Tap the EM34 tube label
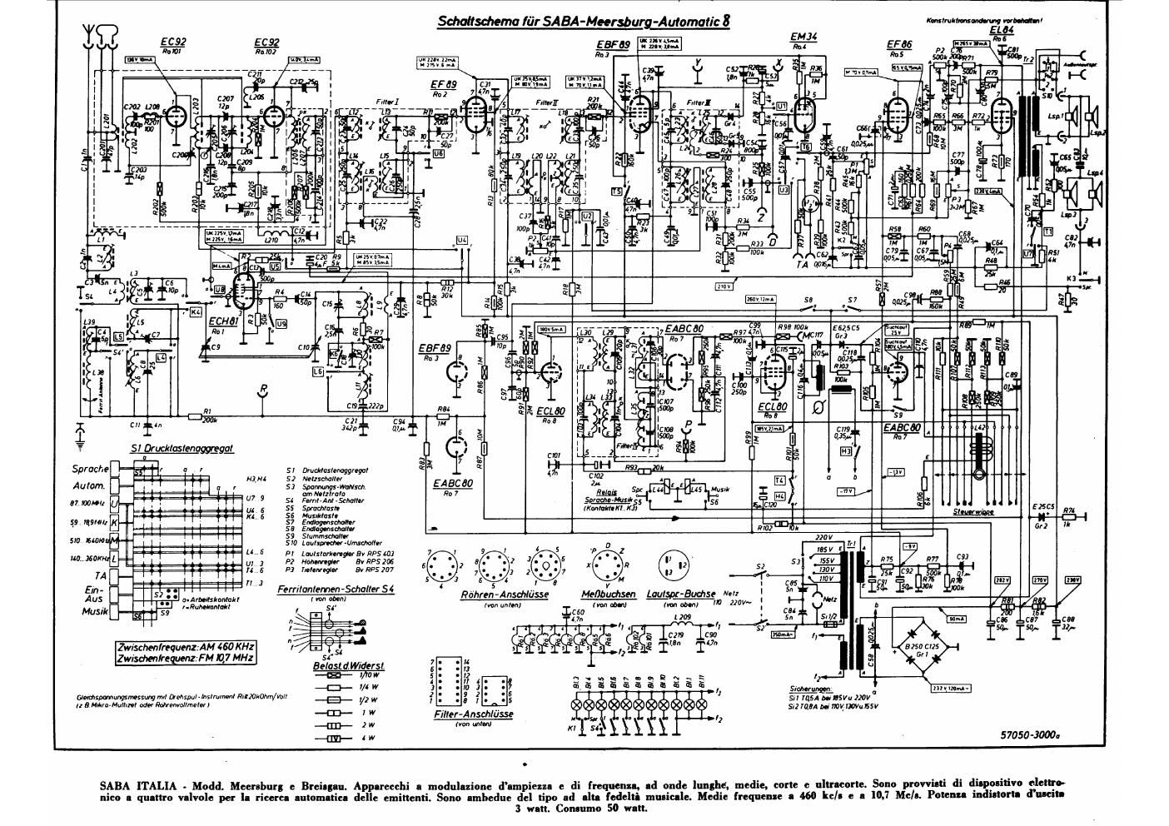point(802,37)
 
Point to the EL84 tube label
point(1002,29)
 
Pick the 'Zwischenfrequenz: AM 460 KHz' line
point(186,645)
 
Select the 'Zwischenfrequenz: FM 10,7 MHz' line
point(186,658)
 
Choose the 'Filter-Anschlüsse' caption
point(474,714)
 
